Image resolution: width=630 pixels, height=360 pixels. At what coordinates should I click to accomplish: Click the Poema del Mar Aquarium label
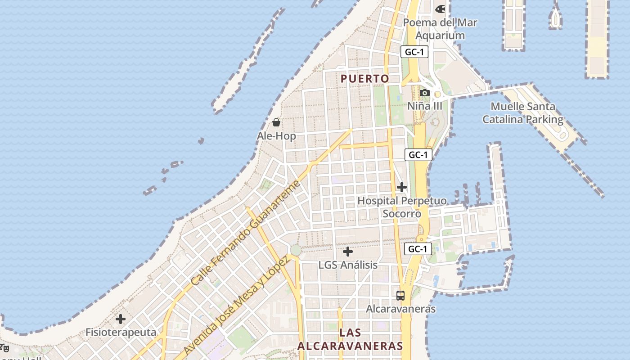440,29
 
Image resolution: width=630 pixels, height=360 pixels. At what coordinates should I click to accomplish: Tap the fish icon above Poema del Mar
440,9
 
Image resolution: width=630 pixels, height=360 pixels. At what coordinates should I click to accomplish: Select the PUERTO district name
365,79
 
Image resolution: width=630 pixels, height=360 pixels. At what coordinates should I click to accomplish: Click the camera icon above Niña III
424,93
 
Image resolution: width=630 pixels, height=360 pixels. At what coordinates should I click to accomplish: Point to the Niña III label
425,106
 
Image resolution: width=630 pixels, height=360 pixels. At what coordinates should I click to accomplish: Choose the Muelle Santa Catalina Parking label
523,113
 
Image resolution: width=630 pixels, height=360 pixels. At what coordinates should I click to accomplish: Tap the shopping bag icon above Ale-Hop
276,122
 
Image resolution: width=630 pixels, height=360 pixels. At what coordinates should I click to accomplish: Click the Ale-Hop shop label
276,136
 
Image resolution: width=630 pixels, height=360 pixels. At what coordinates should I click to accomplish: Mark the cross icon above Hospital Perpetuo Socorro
402,187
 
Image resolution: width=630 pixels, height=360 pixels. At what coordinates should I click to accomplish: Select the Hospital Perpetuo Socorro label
402,207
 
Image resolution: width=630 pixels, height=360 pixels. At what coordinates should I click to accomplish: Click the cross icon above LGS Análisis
348,252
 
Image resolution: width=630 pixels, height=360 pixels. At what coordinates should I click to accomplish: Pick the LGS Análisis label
348,265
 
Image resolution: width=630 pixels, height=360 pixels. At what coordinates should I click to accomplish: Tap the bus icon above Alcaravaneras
400,296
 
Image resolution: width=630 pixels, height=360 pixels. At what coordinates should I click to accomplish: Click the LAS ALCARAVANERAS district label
350,339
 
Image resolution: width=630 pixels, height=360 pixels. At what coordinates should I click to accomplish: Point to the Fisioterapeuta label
121,333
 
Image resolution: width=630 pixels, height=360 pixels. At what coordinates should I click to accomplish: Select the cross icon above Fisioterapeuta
121,319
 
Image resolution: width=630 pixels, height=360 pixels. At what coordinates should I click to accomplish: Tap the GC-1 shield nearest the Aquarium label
414,52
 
